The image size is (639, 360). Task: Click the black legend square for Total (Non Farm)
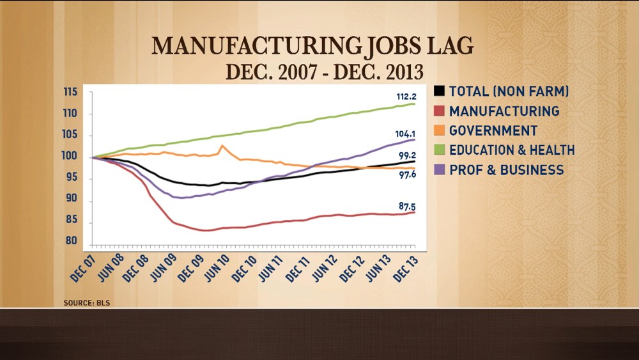pos(440,91)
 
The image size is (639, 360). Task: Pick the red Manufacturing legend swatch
pos(440,111)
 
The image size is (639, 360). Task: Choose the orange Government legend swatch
pos(440,130)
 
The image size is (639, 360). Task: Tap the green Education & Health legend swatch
pos(440,150)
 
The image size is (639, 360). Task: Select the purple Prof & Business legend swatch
pos(440,170)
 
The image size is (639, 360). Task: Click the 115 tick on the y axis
pos(70,93)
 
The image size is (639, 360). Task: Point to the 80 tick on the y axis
pos(72,242)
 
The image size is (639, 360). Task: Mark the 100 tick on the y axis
pos(70,157)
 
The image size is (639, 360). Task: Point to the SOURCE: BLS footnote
pos(87,302)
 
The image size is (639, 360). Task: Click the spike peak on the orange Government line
pos(222,146)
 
